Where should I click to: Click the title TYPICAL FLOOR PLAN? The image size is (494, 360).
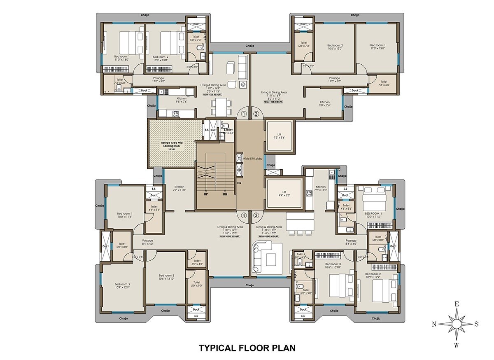point(247,348)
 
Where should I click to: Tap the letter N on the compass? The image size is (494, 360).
point(434,324)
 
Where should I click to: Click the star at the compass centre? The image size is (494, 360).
point(456,324)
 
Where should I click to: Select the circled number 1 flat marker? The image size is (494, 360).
point(244,114)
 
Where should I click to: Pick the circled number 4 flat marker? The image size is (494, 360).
point(244,215)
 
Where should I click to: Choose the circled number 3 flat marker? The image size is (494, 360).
point(256,215)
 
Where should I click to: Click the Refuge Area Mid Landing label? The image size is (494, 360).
point(172,145)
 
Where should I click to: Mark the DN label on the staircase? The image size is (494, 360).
point(225,194)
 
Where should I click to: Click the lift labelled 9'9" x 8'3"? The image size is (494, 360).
point(284,194)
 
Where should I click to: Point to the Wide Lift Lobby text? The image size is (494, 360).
point(252,158)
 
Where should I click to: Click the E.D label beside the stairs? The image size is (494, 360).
point(239,182)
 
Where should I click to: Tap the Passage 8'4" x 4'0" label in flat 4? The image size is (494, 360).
point(148,242)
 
